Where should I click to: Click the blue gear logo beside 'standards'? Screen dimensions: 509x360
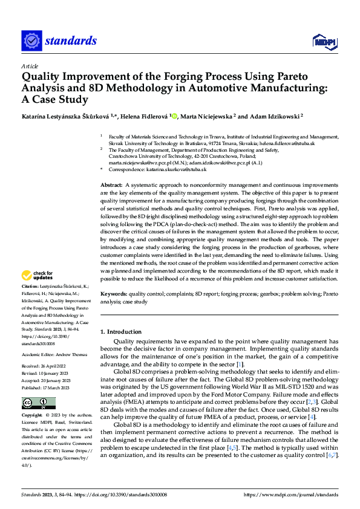pyautogui.click(x=31, y=41)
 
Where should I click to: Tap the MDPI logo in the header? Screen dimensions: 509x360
pyautogui.click(x=324, y=41)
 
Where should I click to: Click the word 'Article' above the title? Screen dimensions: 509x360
pyautogui.click(x=30, y=66)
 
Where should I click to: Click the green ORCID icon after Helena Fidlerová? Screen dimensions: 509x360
pyautogui.click(x=174, y=115)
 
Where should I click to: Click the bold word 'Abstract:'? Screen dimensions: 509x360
pyautogui.click(x=113, y=184)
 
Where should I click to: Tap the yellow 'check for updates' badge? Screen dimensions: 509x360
pyautogui.click(x=38, y=276)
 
